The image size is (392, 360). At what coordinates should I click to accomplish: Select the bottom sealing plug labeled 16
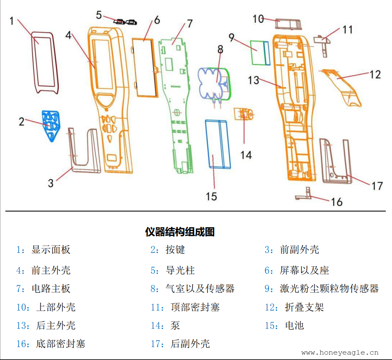click(305, 195)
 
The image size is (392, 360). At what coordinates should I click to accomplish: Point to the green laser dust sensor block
click(259, 53)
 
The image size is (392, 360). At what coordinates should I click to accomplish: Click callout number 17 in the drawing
click(377, 185)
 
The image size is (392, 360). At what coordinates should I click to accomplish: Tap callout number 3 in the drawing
click(51, 182)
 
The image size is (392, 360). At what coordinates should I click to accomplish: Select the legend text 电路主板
click(51, 289)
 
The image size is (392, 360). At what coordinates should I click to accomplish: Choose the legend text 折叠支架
click(304, 307)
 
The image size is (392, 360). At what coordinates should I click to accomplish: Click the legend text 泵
click(175, 326)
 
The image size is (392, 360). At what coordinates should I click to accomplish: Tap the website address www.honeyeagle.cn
click(340, 353)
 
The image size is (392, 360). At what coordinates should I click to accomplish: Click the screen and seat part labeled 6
click(145, 66)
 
